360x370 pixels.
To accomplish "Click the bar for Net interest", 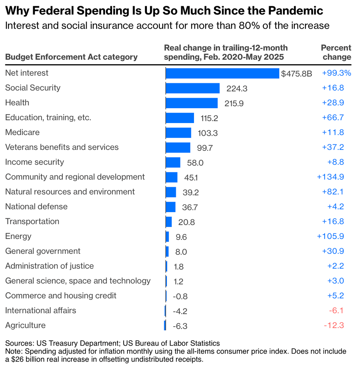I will point(222,73).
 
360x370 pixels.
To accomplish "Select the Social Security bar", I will point(192,88).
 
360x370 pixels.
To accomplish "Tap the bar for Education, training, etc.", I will point(180,118).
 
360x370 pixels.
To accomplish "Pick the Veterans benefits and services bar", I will point(178,147).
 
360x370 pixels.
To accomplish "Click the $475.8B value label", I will point(296,74).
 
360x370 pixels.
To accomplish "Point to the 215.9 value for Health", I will point(234,103).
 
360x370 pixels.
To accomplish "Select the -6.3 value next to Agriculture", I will point(180,326).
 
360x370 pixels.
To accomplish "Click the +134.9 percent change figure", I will point(330,177).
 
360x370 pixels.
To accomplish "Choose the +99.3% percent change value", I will point(336,73).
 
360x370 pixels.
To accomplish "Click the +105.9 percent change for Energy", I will point(330,236).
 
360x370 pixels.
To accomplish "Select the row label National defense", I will point(36,206).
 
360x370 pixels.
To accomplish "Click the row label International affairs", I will point(41,310).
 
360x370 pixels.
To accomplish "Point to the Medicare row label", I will point(22,132).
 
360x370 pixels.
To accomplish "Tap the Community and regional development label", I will point(75,177).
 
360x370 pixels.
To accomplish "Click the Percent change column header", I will point(336,52).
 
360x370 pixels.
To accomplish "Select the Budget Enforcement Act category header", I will point(71,57).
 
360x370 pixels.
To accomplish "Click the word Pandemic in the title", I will point(296,11).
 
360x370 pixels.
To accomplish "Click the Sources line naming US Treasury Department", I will point(112,343).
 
